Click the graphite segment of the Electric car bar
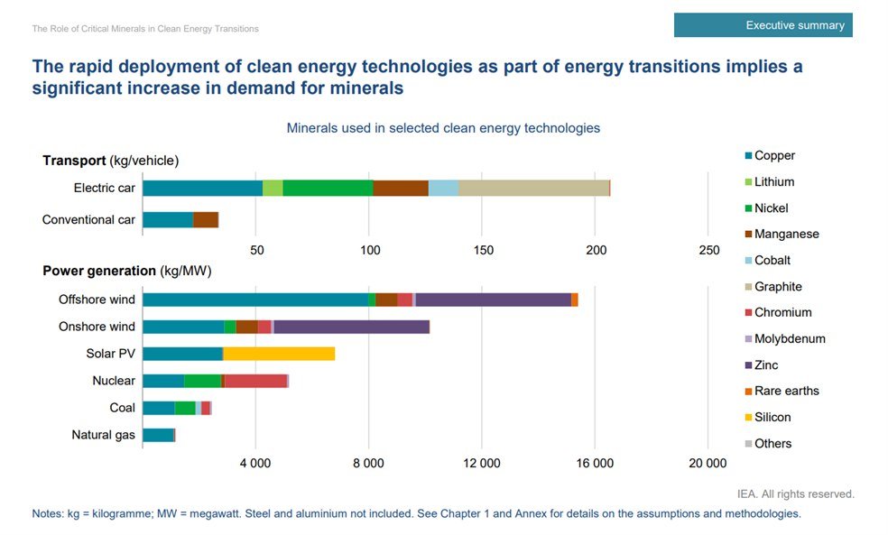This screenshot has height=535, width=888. click(x=533, y=188)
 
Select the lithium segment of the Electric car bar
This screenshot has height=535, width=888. click(x=273, y=188)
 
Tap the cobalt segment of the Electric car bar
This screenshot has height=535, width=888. click(x=443, y=188)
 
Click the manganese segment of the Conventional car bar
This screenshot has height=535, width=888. click(x=206, y=219)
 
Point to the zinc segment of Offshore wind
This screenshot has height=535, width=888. click(x=493, y=300)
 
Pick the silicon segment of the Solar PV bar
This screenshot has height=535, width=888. click(x=279, y=354)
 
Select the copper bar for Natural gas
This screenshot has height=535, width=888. click(x=158, y=435)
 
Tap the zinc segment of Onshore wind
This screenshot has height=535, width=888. click(x=351, y=327)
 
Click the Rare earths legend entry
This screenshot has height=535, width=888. click(x=786, y=391)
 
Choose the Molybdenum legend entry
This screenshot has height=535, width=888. click(x=790, y=338)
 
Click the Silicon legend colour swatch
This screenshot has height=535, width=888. click(x=748, y=418)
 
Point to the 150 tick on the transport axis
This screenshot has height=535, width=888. click(x=483, y=250)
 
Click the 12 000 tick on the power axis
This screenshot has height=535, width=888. click(x=481, y=464)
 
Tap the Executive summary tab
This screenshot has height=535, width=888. click(x=763, y=25)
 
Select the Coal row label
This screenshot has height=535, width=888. click(x=122, y=408)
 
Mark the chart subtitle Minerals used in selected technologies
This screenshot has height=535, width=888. click(x=443, y=128)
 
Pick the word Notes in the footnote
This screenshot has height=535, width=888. click(x=48, y=513)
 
